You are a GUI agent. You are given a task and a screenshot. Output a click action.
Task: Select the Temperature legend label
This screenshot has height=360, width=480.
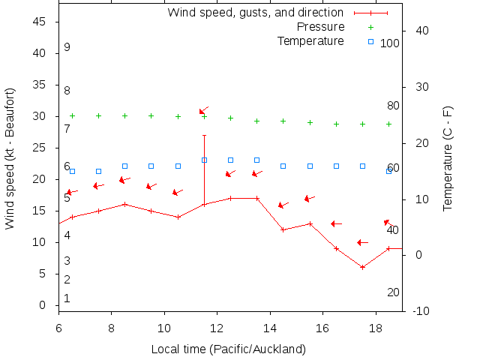[x=310, y=40]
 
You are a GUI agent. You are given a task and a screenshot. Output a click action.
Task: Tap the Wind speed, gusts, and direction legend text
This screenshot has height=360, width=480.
[x=255, y=13]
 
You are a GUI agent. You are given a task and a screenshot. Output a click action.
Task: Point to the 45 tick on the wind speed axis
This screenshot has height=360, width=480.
[x=40, y=22]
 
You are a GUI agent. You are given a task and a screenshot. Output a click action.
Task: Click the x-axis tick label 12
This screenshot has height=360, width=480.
[x=217, y=328]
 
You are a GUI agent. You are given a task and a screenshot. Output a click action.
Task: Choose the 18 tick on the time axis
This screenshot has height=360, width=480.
[x=376, y=328]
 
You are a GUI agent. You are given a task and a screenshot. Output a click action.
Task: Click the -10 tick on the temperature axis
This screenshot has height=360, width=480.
[x=421, y=310]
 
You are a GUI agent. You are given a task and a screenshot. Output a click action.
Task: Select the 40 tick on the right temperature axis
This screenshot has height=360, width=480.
[x=421, y=31]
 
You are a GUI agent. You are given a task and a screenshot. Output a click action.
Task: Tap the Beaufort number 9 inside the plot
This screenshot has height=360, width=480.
[x=67, y=47]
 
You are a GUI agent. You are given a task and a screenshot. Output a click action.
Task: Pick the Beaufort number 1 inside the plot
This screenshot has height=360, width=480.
[x=67, y=298]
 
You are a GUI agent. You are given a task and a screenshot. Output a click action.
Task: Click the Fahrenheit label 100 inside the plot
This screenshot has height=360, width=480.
[x=390, y=43]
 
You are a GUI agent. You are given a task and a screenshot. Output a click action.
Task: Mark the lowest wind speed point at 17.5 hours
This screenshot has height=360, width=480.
[x=362, y=267]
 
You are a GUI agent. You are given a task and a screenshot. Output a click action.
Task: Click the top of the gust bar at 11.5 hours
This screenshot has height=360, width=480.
[x=204, y=135]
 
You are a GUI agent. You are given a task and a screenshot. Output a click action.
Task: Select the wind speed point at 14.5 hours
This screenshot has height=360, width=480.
[x=283, y=229]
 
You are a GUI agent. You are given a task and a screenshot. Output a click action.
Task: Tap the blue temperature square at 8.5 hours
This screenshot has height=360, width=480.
[x=124, y=166]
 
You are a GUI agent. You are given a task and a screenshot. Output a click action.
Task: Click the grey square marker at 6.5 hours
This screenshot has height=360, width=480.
[x=72, y=171]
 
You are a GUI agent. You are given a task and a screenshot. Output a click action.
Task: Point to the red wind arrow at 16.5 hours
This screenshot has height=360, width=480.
[x=336, y=223]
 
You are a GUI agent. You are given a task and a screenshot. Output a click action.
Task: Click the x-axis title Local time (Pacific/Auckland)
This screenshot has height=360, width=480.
[x=228, y=349]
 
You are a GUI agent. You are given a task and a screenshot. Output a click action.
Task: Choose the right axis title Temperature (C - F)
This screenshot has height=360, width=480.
[x=448, y=157]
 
